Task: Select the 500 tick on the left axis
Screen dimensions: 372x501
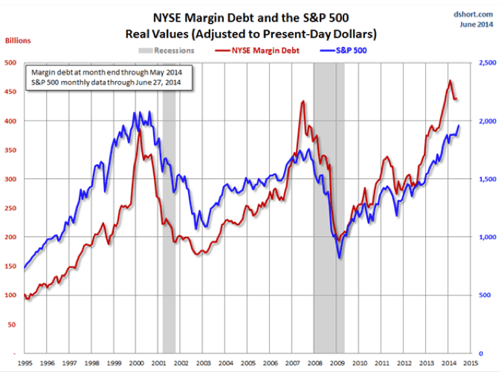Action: click(x=10, y=62)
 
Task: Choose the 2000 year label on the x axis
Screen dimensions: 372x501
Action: click(x=138, y=363)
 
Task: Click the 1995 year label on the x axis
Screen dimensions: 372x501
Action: click(x=25, y=363)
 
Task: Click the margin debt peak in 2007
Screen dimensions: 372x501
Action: click(x=303, y=102)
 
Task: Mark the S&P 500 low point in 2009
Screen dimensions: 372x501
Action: click(x=340, y=258)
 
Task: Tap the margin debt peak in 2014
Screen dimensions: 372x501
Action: click(x=450, y=81)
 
